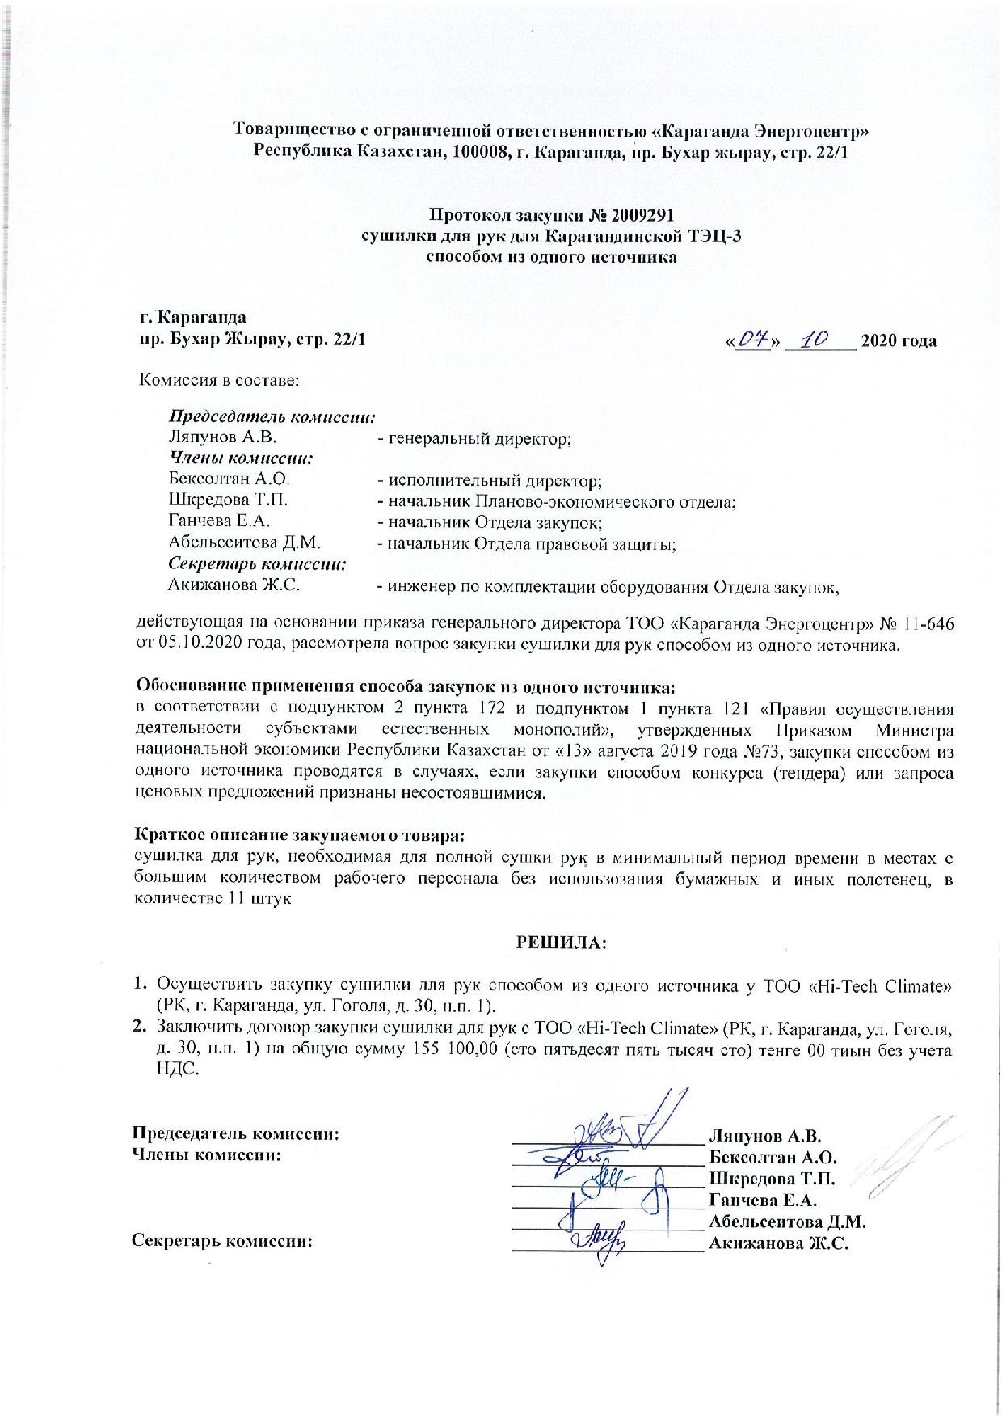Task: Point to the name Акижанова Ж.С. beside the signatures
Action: point(777,1243)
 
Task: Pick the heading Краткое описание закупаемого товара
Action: point(299,833)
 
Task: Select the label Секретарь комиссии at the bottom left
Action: point(222,1241)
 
